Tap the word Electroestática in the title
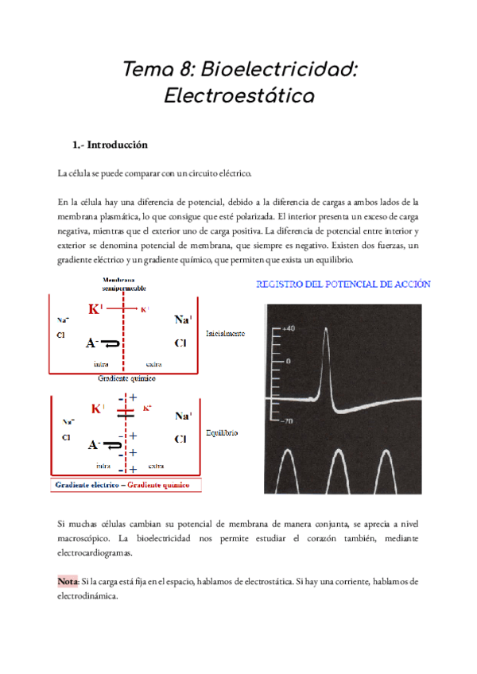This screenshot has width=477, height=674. (x=238, y=96)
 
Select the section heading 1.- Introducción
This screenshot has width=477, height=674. (x=110, y=145)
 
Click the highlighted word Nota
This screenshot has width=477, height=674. (x=68, y=581)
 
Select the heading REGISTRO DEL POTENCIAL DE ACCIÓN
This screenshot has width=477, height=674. (x=343, y=284)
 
